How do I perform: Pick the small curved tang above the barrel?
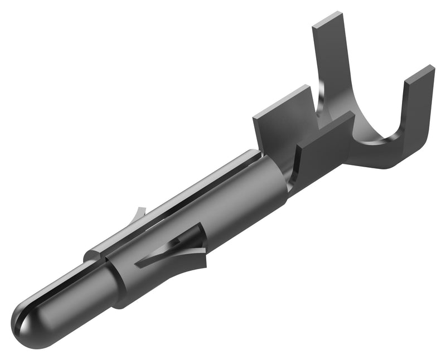pyautogui.click(x=139, y=215)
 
